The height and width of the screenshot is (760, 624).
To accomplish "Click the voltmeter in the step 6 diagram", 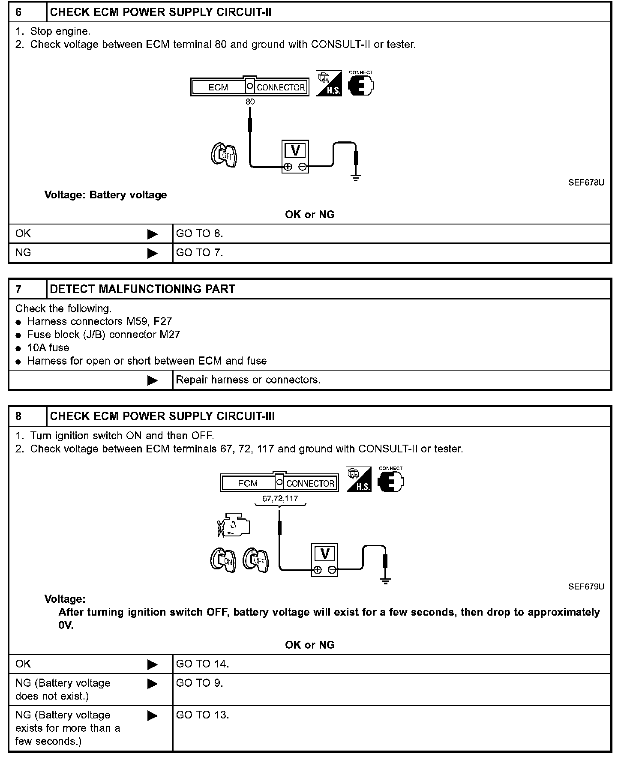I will tap(295, 156).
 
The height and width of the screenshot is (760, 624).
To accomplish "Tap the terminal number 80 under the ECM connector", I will tap(250, 102).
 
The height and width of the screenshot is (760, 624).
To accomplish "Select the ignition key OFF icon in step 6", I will tap(224, 155).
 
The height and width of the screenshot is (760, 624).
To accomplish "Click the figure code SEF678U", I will tap(586, 183).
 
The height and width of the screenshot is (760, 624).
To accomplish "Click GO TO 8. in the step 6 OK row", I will tap(200, 233).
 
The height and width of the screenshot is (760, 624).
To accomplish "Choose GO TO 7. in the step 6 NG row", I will tap(200, 253).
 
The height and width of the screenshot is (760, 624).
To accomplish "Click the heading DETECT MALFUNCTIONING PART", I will tap(142, 289).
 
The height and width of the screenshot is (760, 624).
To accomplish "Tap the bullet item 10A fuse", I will tap(48, 348).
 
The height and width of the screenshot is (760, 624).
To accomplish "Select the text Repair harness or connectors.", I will tap(248, 380).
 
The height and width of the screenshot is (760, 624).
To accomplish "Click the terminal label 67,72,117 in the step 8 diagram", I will tap(280, 499).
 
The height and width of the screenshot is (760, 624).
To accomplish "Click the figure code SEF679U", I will tap(586, 587).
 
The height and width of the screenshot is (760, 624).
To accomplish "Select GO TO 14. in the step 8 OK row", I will tap(202, 664).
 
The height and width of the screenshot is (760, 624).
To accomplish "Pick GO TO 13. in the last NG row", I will tap(202, 715).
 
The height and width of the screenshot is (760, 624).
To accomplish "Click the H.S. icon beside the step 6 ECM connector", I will tap(329, 84).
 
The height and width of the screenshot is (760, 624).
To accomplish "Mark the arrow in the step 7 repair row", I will tap(152, 380).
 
